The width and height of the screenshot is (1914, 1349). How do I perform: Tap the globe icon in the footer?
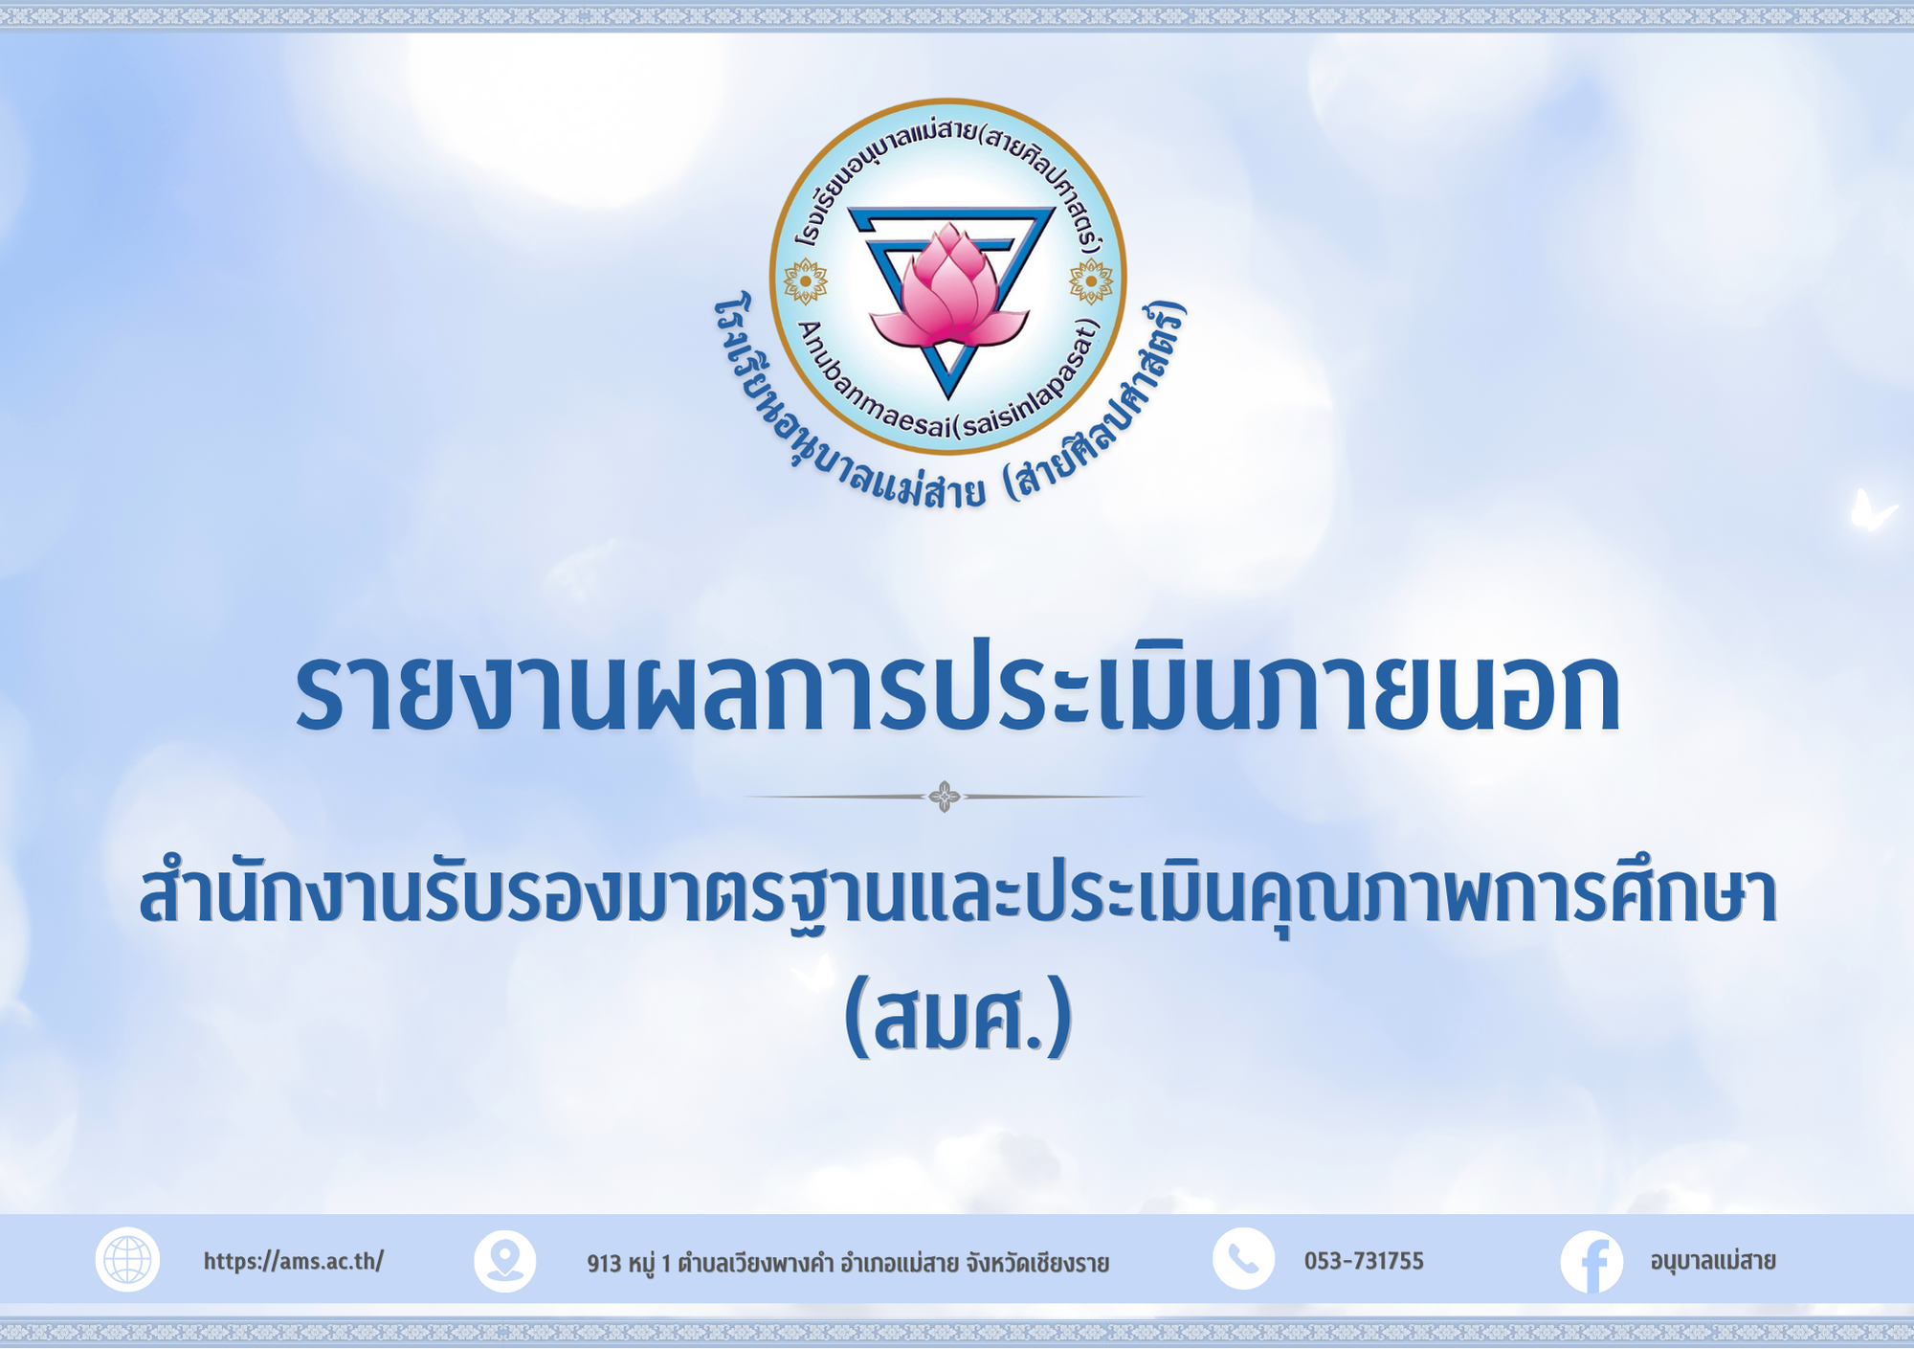(127, 1259)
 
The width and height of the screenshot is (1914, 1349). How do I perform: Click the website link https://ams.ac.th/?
(294, 1261)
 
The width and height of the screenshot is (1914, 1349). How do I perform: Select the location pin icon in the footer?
(505, 1261)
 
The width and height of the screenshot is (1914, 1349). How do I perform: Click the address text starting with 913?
(848, 1264)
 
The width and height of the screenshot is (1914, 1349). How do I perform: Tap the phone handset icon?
(1243, 1259)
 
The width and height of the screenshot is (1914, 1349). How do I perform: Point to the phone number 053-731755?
(1364, 1261)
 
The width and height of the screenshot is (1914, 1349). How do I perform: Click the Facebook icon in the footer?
(1591, 1262)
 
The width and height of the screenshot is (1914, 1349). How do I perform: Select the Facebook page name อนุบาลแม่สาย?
(1713, 1262)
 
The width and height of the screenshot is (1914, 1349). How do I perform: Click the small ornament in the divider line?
(945, 797)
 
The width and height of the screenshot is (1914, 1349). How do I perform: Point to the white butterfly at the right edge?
(1871, 511)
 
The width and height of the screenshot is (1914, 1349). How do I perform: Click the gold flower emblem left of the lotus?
(805, 282)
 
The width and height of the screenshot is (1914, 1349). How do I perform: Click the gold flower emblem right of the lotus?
(1091, 282)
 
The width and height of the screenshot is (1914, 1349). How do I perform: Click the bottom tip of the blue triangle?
(948, 396)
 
